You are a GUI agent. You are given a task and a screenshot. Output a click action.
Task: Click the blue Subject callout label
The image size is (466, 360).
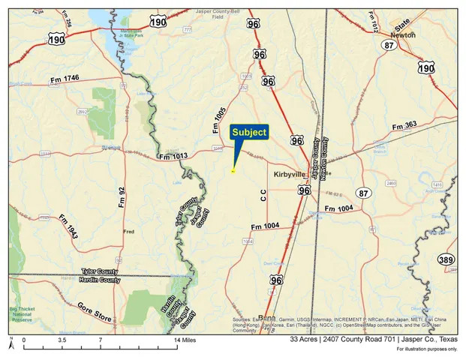tap(249, 132)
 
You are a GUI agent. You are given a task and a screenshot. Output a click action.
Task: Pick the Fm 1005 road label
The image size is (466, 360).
tap(219, 120)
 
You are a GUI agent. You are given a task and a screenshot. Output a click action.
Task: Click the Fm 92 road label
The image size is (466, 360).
tap(121, 196)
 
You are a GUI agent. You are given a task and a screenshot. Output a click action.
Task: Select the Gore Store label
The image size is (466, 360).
tap(95, 313)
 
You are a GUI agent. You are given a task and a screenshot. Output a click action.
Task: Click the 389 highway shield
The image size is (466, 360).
tap(446, 259)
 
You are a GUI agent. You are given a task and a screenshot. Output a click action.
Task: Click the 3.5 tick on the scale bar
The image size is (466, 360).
tap(62, 340)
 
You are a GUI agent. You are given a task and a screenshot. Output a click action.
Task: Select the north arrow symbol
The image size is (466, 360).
tap(11, 343)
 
